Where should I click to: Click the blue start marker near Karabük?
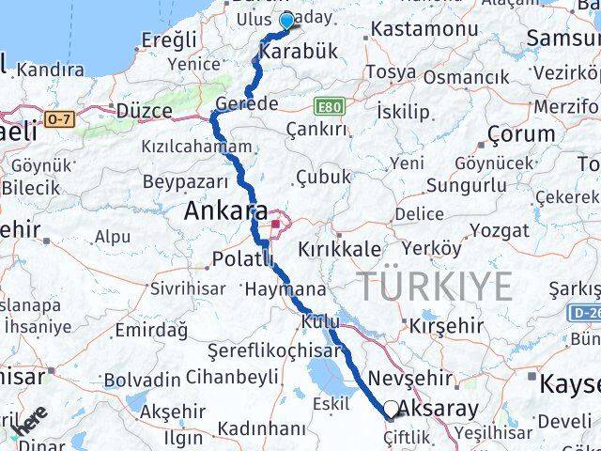286,21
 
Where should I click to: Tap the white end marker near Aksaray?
391,411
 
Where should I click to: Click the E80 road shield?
328,106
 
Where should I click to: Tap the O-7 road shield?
58,118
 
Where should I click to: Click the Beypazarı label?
185,180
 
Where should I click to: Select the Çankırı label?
316,129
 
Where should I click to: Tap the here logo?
30,424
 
